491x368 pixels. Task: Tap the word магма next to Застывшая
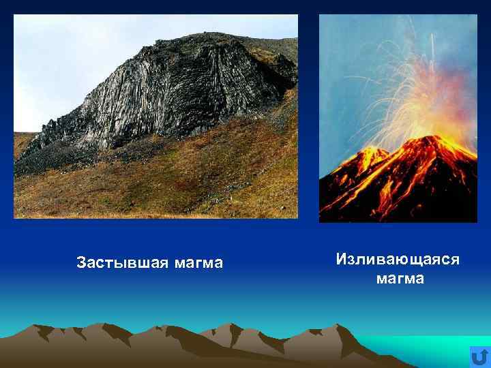[198, 262]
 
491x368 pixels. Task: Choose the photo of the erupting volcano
[398, 119]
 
